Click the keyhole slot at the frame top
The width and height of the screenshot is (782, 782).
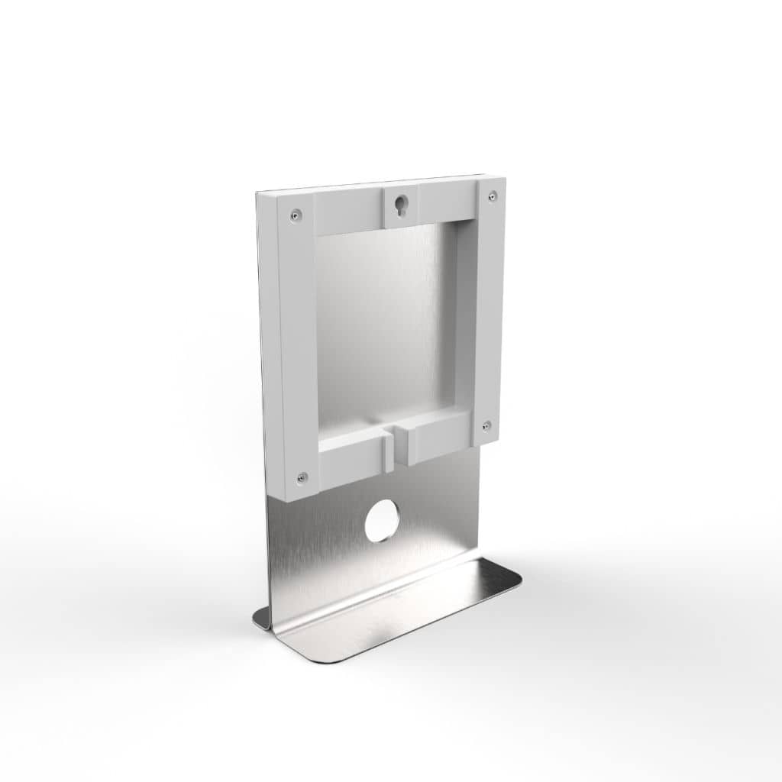click(x=400, y=205)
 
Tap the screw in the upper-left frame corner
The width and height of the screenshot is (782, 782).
click(x=295, y=216)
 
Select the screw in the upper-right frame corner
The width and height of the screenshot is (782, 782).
click(x=493, y=196)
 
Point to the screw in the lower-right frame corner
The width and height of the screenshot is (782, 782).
click(x=486, y=425)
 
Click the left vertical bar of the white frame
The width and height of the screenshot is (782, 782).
click(x=299, y=344)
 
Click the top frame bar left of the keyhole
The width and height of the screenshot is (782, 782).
click(x=347, y=212)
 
